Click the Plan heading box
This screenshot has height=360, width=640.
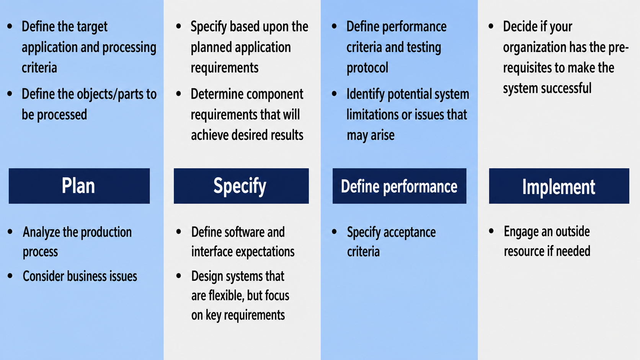(x=79, y=186)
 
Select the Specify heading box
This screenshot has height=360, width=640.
(x=241, y=186)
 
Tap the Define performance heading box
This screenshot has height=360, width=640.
(x=400, y=186)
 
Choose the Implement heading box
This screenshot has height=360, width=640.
(x=559, y=186)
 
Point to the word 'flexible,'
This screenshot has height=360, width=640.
(x=226, y=296)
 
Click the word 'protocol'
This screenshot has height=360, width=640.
(x=367, y=68)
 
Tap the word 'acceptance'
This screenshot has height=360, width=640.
(x=410, y=232)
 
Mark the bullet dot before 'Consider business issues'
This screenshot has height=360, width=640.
(x=10, y=276)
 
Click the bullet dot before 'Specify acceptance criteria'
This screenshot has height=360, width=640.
(x=334, y=231)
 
